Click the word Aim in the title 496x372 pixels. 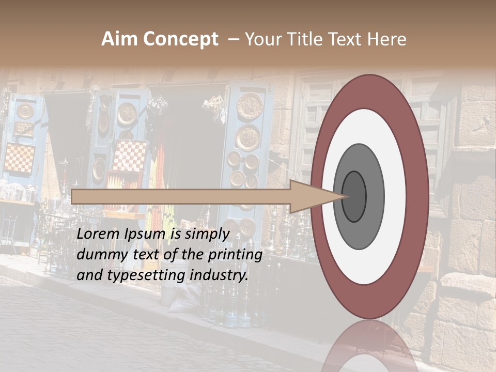pyautogui.click(x=119, y=39)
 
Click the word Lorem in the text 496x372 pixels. pyautogui.click(x=98, y=234)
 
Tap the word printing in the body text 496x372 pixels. pyautogui.click(x=235, y=255)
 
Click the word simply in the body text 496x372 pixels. pyautogui.click(x=207, y=234)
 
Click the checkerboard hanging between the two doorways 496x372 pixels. pyautogui.click(x=129, y=155)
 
